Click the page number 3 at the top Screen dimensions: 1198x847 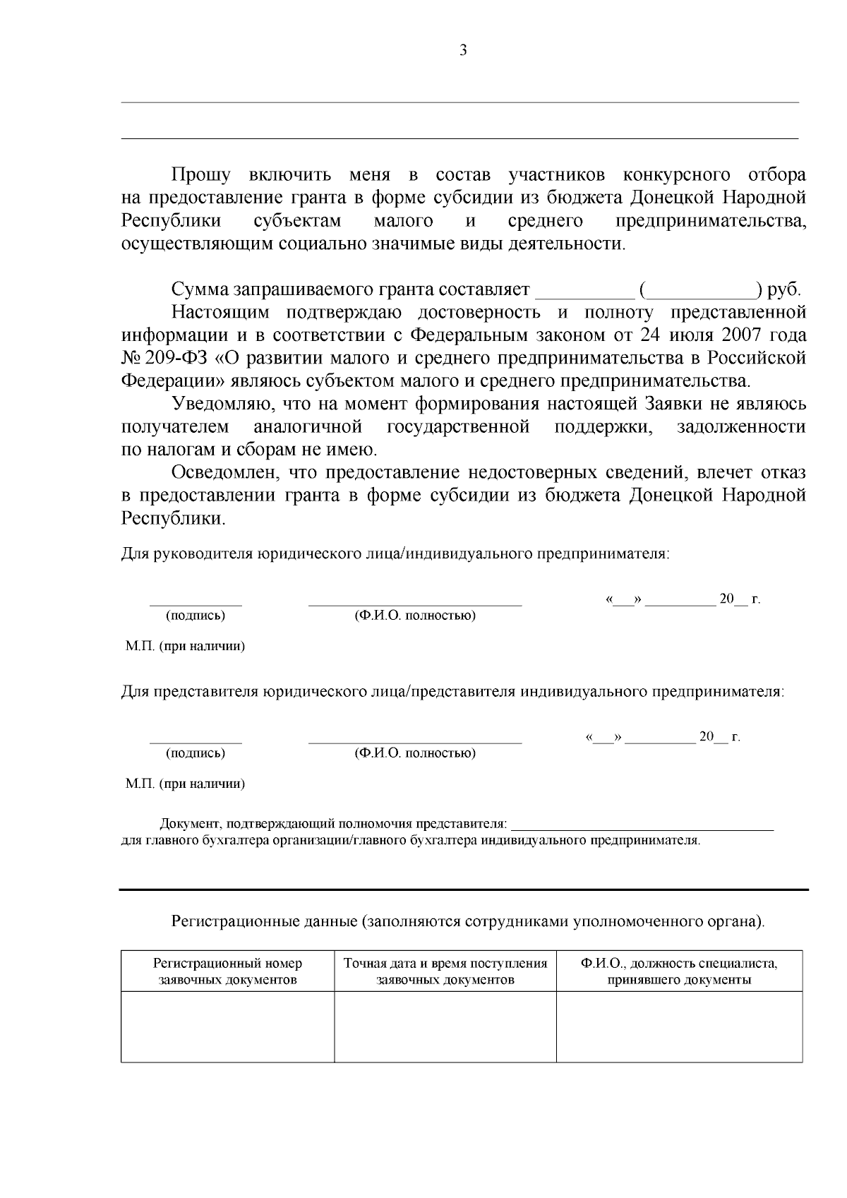tap(463, 50)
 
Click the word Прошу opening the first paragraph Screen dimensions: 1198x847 tap(200, 174)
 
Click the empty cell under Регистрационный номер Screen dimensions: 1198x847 tap(227, 1026)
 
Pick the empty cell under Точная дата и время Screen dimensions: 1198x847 tap(445, 1026)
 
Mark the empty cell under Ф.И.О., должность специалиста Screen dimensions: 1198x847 tap(679, 1026)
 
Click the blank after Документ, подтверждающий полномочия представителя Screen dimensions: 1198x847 tap(642, 823)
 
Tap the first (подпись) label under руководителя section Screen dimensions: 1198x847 tap(196, 616)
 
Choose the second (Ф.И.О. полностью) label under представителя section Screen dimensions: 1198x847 tap(415, 753)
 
